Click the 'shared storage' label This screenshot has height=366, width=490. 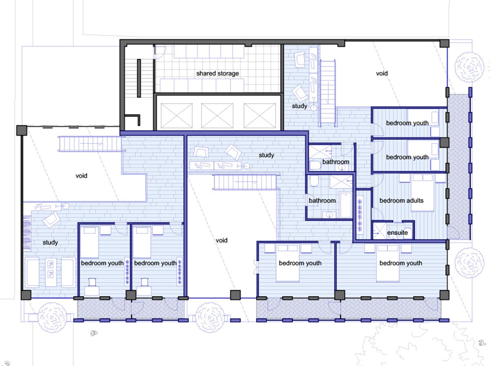pos(217,73)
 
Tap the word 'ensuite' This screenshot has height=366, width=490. pos(397,233)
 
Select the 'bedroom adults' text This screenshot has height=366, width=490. pos(401,200)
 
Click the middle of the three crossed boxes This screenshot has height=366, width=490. pos(217,115)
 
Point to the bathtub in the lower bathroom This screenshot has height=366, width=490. pos(345,204)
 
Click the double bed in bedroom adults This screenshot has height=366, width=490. pos(422,193)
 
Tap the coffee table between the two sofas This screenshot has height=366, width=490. pos(51,272)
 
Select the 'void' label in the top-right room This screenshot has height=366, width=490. pos(382,73)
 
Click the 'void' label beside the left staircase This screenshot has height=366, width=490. pos(81,176)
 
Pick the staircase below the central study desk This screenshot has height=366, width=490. pos(245,182)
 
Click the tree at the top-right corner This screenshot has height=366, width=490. pos(469,67)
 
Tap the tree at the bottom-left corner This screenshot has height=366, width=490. pos(53,317)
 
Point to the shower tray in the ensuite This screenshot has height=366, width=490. pos(379,231)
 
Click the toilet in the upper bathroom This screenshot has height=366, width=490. pos(315,165)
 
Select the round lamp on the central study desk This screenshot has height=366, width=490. pos(247,166)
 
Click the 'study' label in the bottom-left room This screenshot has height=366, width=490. pos(50,242)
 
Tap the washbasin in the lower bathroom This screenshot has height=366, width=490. pos(329,215)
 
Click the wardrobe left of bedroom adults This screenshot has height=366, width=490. pos(360,215)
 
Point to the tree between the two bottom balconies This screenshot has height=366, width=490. pos(209,317)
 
